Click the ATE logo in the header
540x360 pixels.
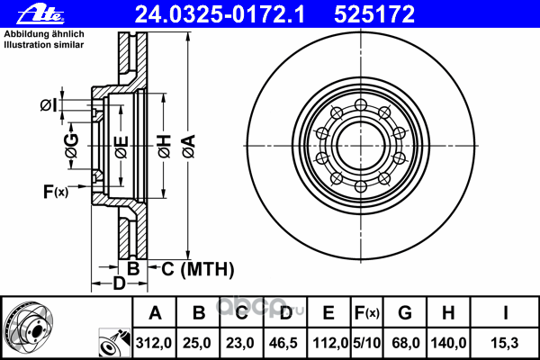coord(40,14)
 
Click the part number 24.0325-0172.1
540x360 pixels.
coord(220,14)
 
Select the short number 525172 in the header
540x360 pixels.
coord(374,14)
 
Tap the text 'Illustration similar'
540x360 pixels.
coord(44,45)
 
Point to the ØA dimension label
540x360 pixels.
coord(189,147)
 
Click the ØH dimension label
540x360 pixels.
coord(165,147)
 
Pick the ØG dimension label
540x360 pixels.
coord(72,146)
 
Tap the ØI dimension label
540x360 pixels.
coord(49,105)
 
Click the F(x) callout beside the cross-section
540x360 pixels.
coord(56,192)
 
